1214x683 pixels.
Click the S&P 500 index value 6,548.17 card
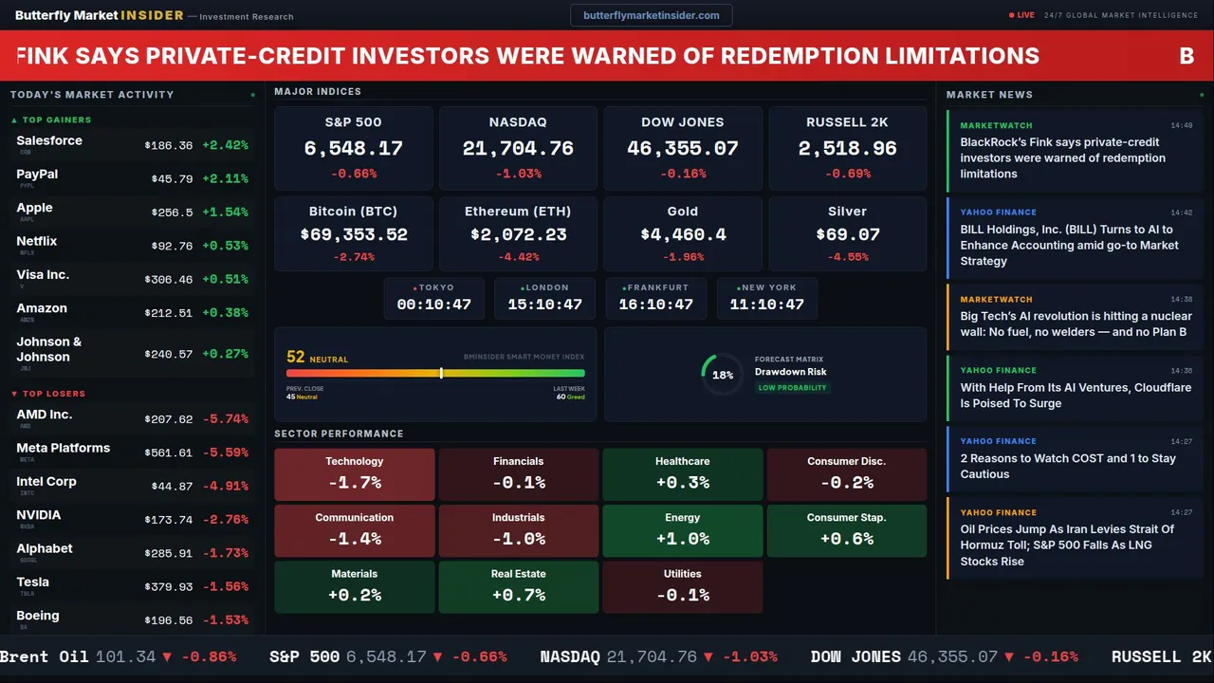tap(353, 149)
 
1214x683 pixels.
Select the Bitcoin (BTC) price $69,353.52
tap(354, 234)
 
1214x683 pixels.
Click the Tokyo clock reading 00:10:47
tap(433, 305)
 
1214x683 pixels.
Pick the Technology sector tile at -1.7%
tap(354, 474)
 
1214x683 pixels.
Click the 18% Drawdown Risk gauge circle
tap(722, 375)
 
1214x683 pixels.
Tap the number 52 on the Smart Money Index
tap(296, 358)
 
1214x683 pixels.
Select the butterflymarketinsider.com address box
tap(651, 15)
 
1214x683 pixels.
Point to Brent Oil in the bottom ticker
tap(44, 656)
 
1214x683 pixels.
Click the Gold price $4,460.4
tap(683, 234)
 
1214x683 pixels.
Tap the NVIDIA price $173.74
tap(171, 520)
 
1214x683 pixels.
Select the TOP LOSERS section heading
tap(53, 394)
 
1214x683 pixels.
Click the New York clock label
tap(768, 287)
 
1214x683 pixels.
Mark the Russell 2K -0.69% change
tap(847, 174)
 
